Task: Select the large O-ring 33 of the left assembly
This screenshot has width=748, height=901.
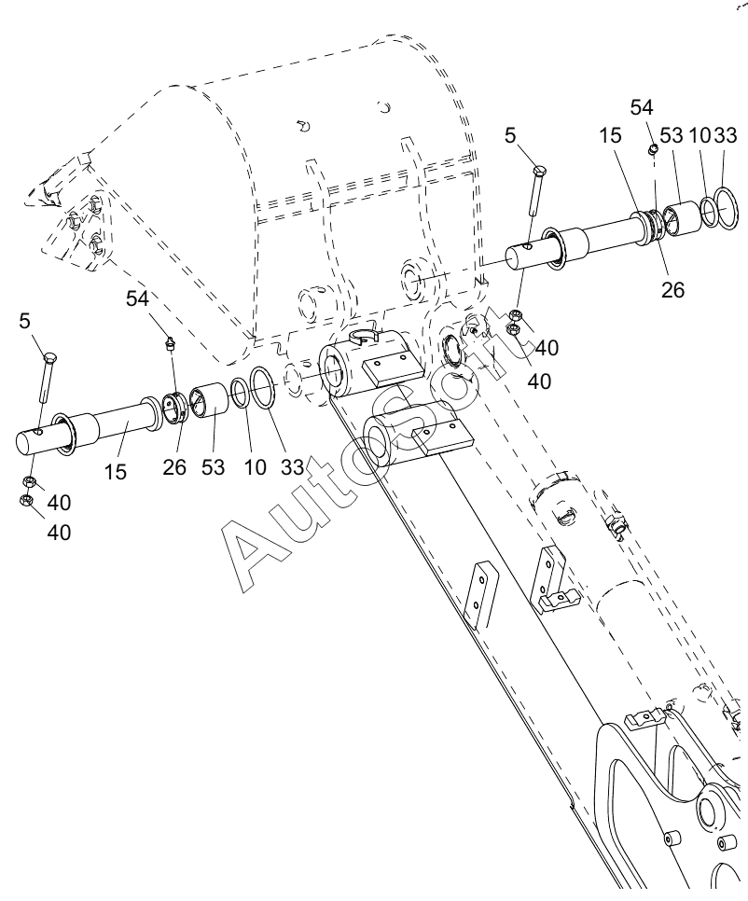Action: point(263,388)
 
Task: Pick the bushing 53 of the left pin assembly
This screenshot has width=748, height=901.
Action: point(209,400)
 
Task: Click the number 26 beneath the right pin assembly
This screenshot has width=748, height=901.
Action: point(672,289)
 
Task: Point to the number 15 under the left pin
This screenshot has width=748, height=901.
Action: point(115,472)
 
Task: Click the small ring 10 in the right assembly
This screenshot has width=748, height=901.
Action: point(709,211)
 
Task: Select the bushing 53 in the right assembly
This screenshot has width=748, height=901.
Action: point(681,217)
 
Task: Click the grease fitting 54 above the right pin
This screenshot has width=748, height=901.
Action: point(653,149)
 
